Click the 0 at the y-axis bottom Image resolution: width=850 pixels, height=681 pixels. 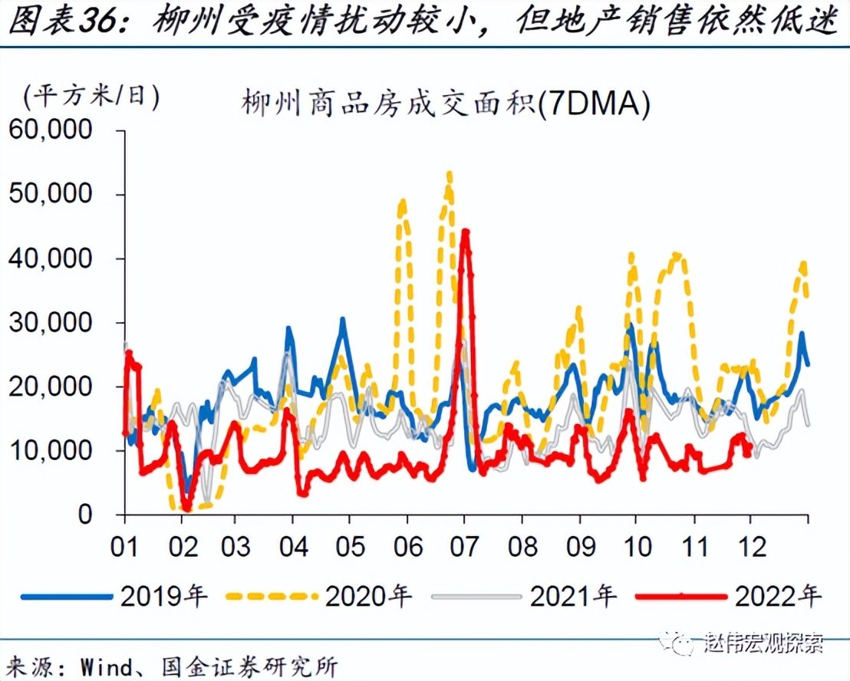[86, 515]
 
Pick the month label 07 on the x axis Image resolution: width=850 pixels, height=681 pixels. [465, 546]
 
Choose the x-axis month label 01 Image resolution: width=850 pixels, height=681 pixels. [124, 546]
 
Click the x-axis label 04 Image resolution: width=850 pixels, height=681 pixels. [295, 546]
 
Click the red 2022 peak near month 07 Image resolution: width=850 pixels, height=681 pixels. [465, 232]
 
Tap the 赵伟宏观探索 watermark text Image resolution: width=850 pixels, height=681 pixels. [764, 643]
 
